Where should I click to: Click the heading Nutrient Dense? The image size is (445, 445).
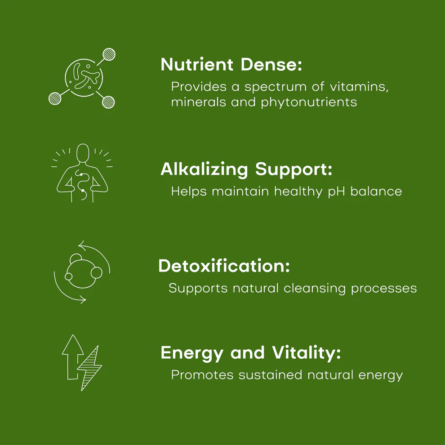tap(231, 65)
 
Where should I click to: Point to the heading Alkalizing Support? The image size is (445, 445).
tap(246, 169)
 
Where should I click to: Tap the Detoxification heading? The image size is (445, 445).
tap(224, 266)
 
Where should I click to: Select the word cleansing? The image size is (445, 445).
tap(315, 288)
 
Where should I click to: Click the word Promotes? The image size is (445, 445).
tap(203, 374)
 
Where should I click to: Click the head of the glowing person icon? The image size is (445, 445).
tap(83, 153)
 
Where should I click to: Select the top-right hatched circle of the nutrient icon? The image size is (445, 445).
tap(109, 55)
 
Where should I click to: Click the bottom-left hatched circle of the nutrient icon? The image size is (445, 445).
tap(55, 98)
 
